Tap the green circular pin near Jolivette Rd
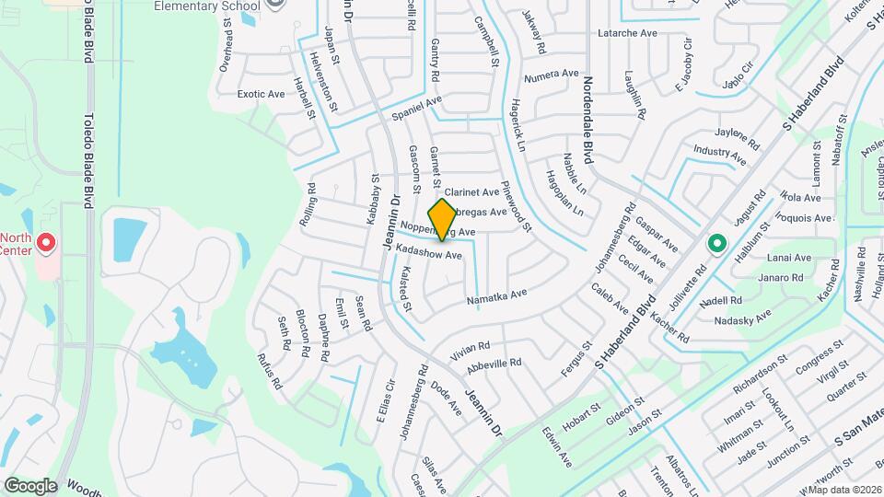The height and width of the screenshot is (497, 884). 716,245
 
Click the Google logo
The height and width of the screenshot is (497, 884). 29,485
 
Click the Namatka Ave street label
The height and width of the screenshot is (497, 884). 496,294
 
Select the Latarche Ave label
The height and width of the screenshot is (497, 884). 627,33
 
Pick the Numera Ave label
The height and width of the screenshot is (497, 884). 551,74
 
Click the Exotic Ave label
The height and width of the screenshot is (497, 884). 262,94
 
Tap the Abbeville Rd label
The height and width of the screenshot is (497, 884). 494,363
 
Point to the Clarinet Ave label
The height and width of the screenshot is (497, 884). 471,192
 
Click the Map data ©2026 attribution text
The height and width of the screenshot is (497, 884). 844,489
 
